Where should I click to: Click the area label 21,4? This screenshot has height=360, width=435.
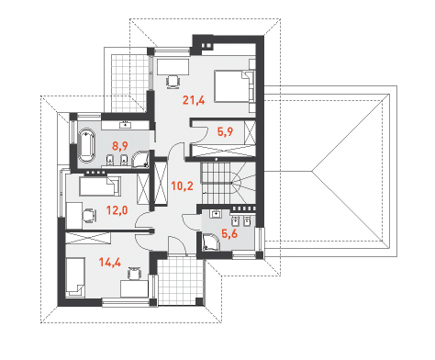194,100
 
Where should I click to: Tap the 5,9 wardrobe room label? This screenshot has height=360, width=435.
225,132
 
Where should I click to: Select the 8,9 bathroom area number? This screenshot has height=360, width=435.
119,146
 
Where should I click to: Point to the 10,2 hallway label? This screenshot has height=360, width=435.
182,186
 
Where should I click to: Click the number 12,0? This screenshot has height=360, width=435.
117,210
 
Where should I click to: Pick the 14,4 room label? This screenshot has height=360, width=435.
110,263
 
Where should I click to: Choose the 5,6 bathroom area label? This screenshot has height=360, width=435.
229,234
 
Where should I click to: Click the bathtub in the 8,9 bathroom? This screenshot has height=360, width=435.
86,145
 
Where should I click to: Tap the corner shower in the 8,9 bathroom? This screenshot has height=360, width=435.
140,159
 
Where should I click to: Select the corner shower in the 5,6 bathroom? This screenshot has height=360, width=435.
211,242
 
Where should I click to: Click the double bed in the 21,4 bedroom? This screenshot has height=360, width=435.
234,86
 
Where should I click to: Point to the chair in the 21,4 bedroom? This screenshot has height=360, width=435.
173,82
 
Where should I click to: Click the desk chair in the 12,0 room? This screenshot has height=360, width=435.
89,215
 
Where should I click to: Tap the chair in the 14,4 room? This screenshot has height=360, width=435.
134,274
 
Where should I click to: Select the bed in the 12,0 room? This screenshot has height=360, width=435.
100,186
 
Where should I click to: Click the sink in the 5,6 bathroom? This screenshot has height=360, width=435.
217,213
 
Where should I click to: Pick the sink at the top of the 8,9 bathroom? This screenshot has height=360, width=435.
125,125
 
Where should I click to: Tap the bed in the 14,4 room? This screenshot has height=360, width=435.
75,277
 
